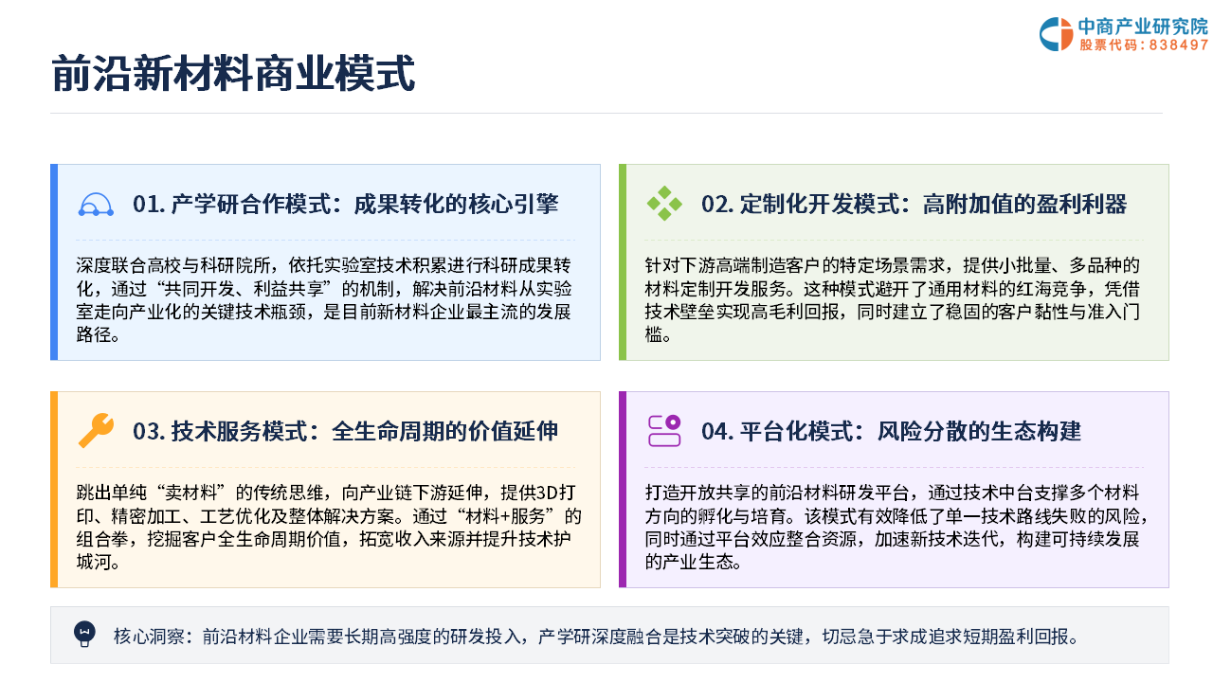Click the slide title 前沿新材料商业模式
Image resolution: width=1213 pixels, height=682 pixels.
tap(233, 73)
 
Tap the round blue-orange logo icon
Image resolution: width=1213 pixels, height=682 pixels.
tap(1056, 34)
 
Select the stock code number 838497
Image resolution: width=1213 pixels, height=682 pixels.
tap(1178, 45)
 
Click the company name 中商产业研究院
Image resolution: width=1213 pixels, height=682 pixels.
tap(1143, 26)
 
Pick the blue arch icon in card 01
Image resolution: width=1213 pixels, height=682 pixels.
tap(96, 206)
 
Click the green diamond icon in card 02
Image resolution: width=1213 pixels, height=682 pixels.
tap(664, 204)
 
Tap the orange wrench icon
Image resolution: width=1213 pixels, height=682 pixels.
tap(96, 431)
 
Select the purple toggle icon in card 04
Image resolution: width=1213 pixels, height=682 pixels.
tap(664, 431)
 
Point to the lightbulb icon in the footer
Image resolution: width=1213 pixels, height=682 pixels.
tap(84, 635)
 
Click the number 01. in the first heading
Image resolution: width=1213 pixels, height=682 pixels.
tap(149, 204)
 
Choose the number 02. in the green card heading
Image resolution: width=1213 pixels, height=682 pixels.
tap(717, 204)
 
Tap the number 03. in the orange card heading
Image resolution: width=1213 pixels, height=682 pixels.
tap(149, 431)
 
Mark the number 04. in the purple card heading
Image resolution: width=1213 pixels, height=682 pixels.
tap(717, 431)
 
